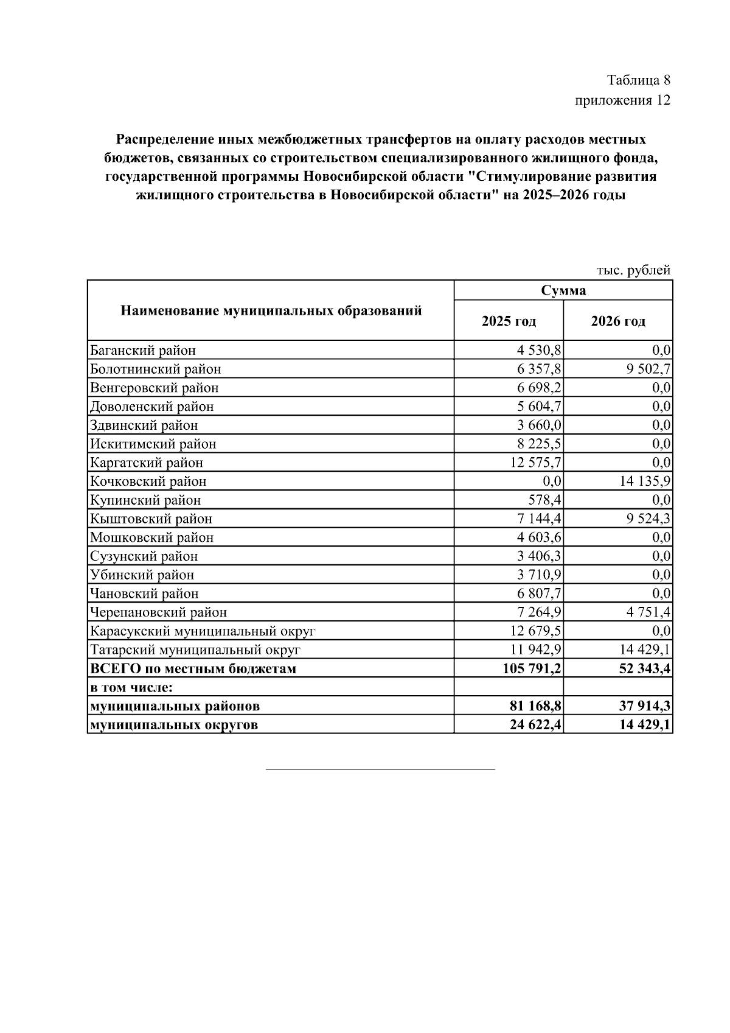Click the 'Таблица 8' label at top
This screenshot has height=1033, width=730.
638,80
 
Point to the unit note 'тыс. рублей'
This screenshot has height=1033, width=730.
633,270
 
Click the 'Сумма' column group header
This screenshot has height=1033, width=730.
563,290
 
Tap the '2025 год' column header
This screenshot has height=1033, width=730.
509,321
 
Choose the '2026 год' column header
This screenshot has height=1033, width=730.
618,321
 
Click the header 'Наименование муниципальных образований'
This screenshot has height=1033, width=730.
271,311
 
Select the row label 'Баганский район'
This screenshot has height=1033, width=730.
143,351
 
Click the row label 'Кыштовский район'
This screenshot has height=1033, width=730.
151,519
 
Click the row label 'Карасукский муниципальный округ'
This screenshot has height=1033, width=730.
203,631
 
